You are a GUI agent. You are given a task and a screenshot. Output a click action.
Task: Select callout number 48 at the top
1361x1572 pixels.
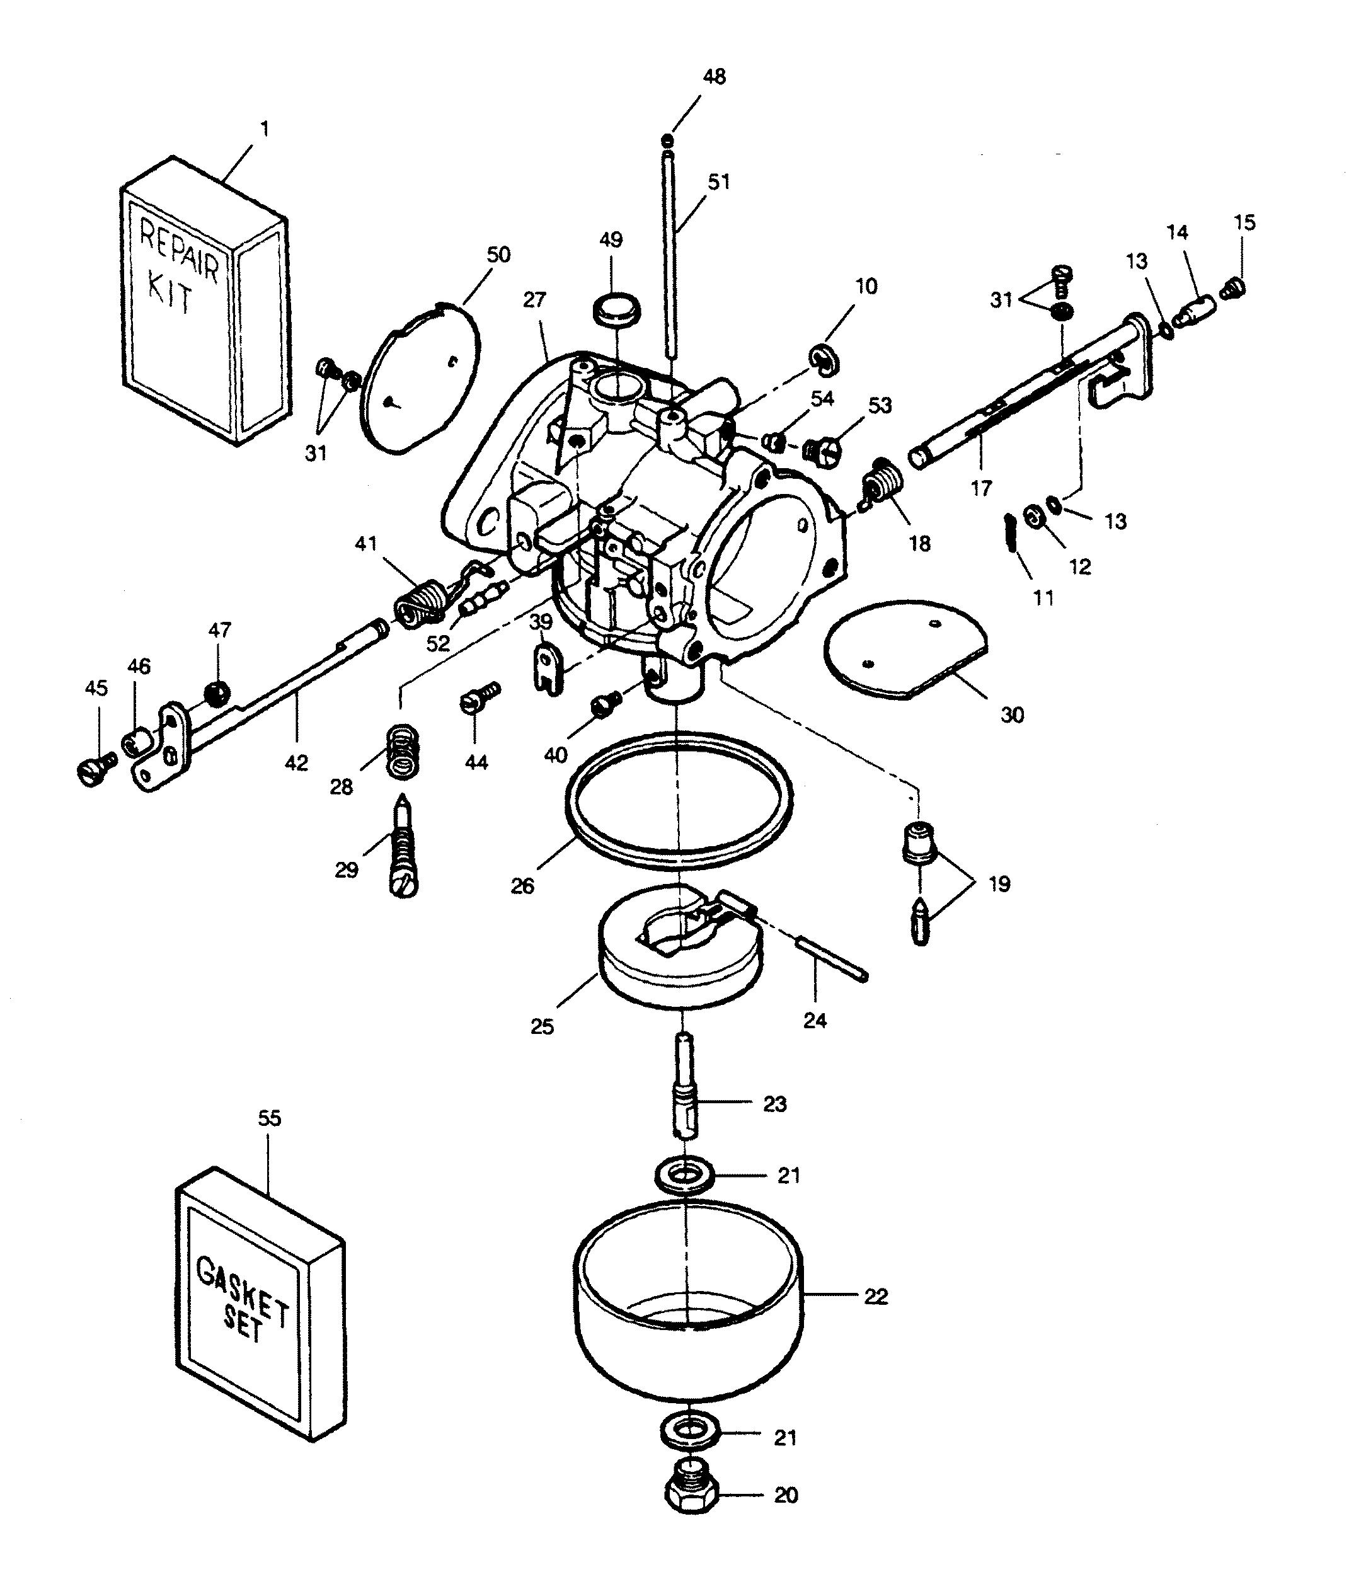coord(714,77)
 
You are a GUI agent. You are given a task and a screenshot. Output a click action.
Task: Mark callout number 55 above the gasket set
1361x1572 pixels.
coord(270,1118)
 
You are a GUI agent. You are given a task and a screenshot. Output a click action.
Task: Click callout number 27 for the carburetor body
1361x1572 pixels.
coord(535,300)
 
